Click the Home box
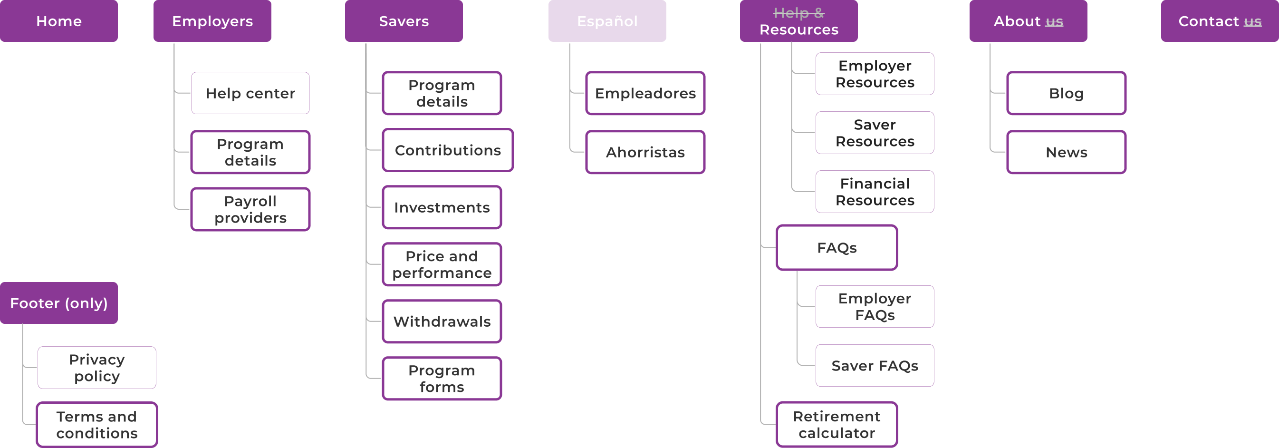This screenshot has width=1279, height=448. pyautogui.click(x=58, y=21)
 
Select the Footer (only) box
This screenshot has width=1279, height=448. pyautogui.click(x=58, y=303)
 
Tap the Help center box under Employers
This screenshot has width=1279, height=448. pyautogui.click(x=250, y=93)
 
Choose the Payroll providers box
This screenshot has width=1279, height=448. pyautogui.click(x=250, y=209)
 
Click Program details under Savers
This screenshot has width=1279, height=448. pyautogui.click(x=442, y=93)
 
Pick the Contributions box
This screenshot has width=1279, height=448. pyautogui.click(x=447, y=150)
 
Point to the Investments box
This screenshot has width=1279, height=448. pyautogui.click(x=442, y=207)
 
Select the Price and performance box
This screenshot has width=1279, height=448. pyautogui.click(x=442, y=264)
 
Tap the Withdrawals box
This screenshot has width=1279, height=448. pyautogui.click(x=442, y=321)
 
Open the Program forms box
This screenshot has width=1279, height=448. pyautogui.click(x=442, y=378)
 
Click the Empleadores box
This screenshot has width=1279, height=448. pyautogui.click(x=645, y=93)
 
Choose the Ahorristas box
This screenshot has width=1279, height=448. pyautogui.click(x=645, y=152)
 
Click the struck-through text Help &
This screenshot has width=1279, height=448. pyautogui.click(x=798, y=13)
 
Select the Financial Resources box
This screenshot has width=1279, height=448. pyautogui.click(x=875, y=192)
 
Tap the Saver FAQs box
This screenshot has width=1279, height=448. pyautogui.click(x=875, y=366)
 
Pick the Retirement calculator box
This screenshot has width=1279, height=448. pyautogui.click(x=836, y=424)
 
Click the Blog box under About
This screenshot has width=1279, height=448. pyautogui.click(x=1066, y=93)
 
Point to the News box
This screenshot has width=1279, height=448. pyautogui.click(x=1066, y=152)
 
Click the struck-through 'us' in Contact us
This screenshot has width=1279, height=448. pyautogui.click(x=1252, y=21)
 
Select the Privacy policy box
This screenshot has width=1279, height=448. pyautogui.click(x=97, y=368)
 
